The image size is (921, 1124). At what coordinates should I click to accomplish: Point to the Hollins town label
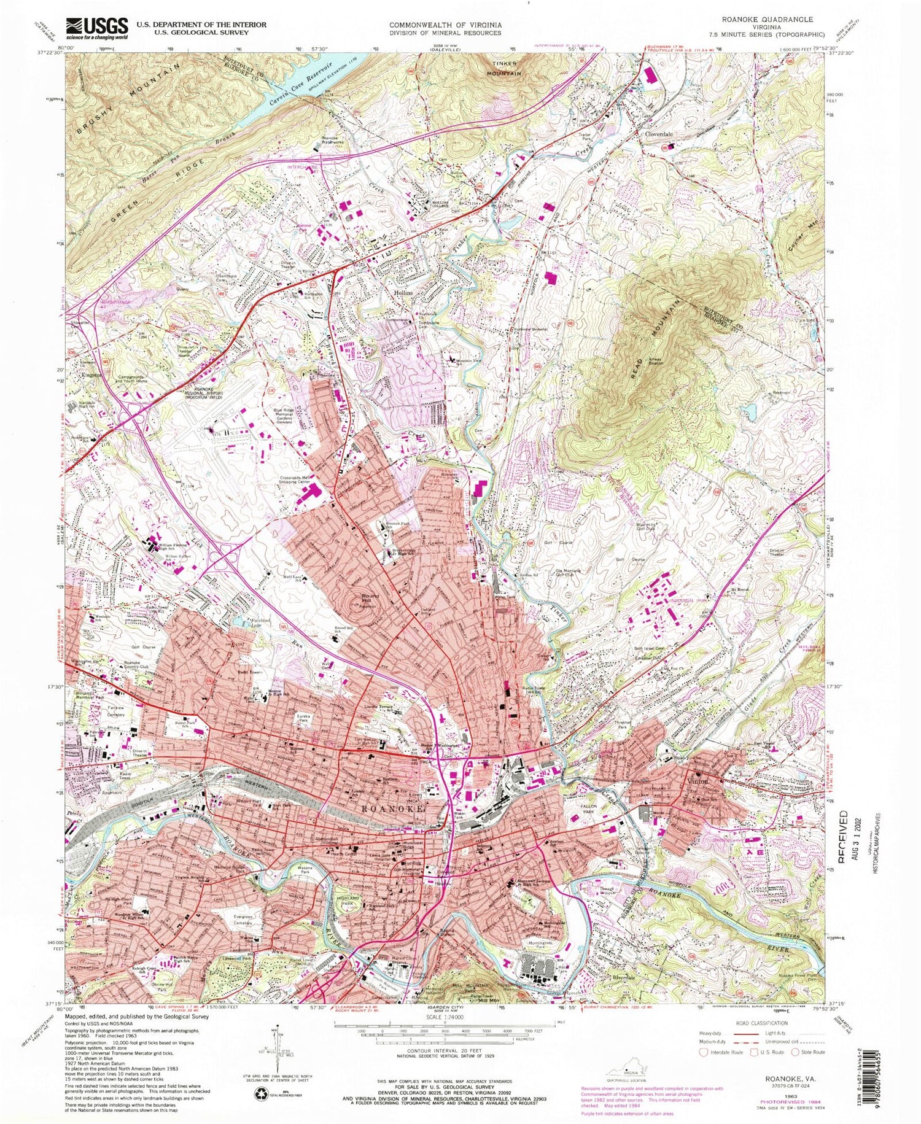point(403,294)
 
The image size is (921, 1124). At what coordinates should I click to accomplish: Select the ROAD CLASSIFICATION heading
point(761,1023)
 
